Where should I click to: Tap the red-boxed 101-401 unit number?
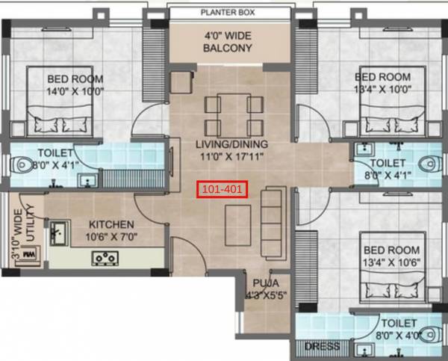220,190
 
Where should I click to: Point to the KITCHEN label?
111,224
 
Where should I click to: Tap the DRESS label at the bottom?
322,347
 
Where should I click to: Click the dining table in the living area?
234,115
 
